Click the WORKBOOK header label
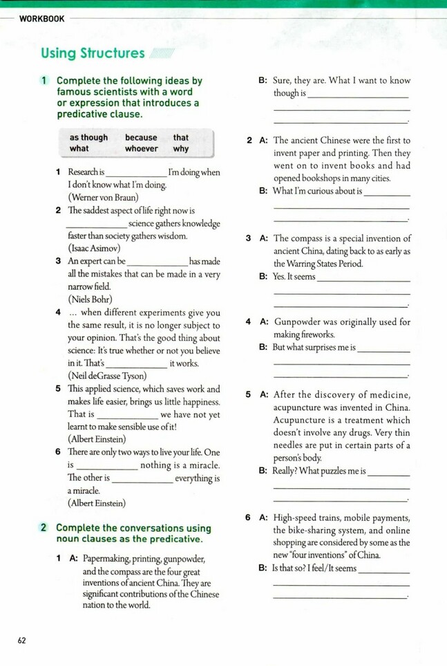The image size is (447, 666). (42, 19)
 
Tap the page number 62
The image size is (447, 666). (21, 640)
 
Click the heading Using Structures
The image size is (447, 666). (93, 53)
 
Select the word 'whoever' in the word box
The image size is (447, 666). (142, 149)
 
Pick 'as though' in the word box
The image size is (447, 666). (88, 138)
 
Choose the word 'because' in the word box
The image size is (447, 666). (141, 138)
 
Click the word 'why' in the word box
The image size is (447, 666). (181, 149)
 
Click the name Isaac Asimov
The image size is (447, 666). (94, 248)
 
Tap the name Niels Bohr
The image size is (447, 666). (90, 299)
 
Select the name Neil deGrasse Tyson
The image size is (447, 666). (107, 376)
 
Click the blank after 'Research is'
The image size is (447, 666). (136, 173)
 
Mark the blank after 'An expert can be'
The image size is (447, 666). (158, 263)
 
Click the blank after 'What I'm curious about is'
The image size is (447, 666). (387, 192)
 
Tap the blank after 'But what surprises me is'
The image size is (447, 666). (384, 349)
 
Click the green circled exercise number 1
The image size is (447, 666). (44, 81)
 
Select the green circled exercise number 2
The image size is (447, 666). (44, 528)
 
